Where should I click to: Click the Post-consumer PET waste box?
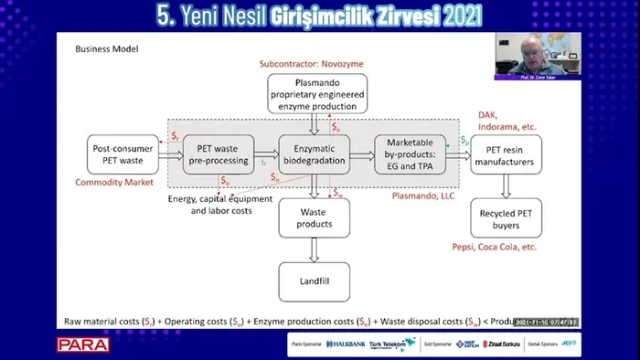pos(118,154)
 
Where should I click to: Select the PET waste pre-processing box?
pos(217,154)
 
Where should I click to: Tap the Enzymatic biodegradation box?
pos(314,154)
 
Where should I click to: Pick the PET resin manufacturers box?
pos(506,154)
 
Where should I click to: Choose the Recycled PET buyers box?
pos(506,219)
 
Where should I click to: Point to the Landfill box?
pos(314,281)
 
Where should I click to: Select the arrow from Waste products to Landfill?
pos(314,249)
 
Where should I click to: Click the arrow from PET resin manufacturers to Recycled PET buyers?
pos(506,187)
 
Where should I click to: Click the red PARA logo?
pos(82,344)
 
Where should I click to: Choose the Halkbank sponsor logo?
pos(348,344)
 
